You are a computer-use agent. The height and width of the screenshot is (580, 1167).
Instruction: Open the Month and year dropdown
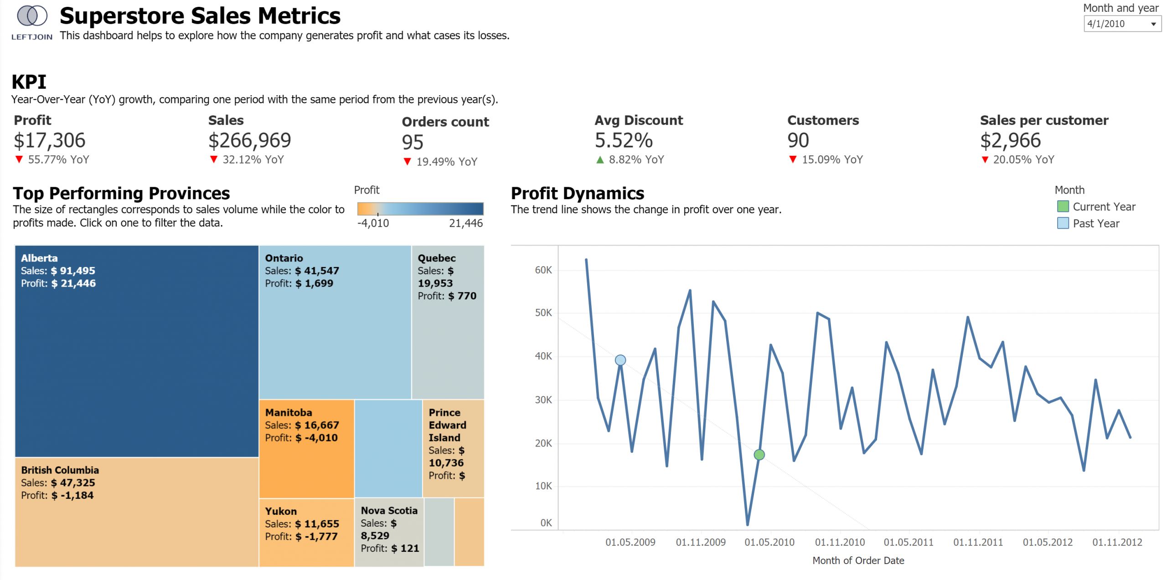[x=1121, y=24]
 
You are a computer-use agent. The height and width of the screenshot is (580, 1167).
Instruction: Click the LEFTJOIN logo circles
[x=32, y=16]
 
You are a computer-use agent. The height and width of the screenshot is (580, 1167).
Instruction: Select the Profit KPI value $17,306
[x=50, y=140]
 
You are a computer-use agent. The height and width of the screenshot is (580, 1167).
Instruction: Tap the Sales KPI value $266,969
[x=249, y=140]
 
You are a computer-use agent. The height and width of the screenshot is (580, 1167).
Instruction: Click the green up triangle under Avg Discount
[x=600, y=160]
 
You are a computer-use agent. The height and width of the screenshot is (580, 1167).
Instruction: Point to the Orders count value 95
[x=413, y=142]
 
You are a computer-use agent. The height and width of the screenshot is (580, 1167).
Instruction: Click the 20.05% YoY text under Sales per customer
[x=1023, y=160]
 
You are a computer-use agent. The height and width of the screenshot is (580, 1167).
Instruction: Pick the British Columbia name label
[x=60, y=470]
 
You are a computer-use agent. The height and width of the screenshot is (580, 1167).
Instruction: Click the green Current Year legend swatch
[x=1063, y=206]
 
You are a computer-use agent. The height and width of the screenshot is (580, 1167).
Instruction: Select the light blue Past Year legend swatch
[x=1063, y=223]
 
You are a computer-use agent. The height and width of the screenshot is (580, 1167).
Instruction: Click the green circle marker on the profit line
[x=759, y=455]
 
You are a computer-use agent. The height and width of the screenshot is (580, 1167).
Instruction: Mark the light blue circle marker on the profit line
[x=620, y=360]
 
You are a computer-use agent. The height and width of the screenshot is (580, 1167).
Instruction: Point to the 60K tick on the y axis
[x=543, y=270]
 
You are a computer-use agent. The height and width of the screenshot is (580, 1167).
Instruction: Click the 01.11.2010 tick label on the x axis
[x=840, y=542]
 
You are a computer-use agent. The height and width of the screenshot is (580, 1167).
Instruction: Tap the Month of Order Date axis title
[x=858, y=560]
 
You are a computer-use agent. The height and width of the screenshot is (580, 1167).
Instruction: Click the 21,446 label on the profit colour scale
[x=465, y=223]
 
